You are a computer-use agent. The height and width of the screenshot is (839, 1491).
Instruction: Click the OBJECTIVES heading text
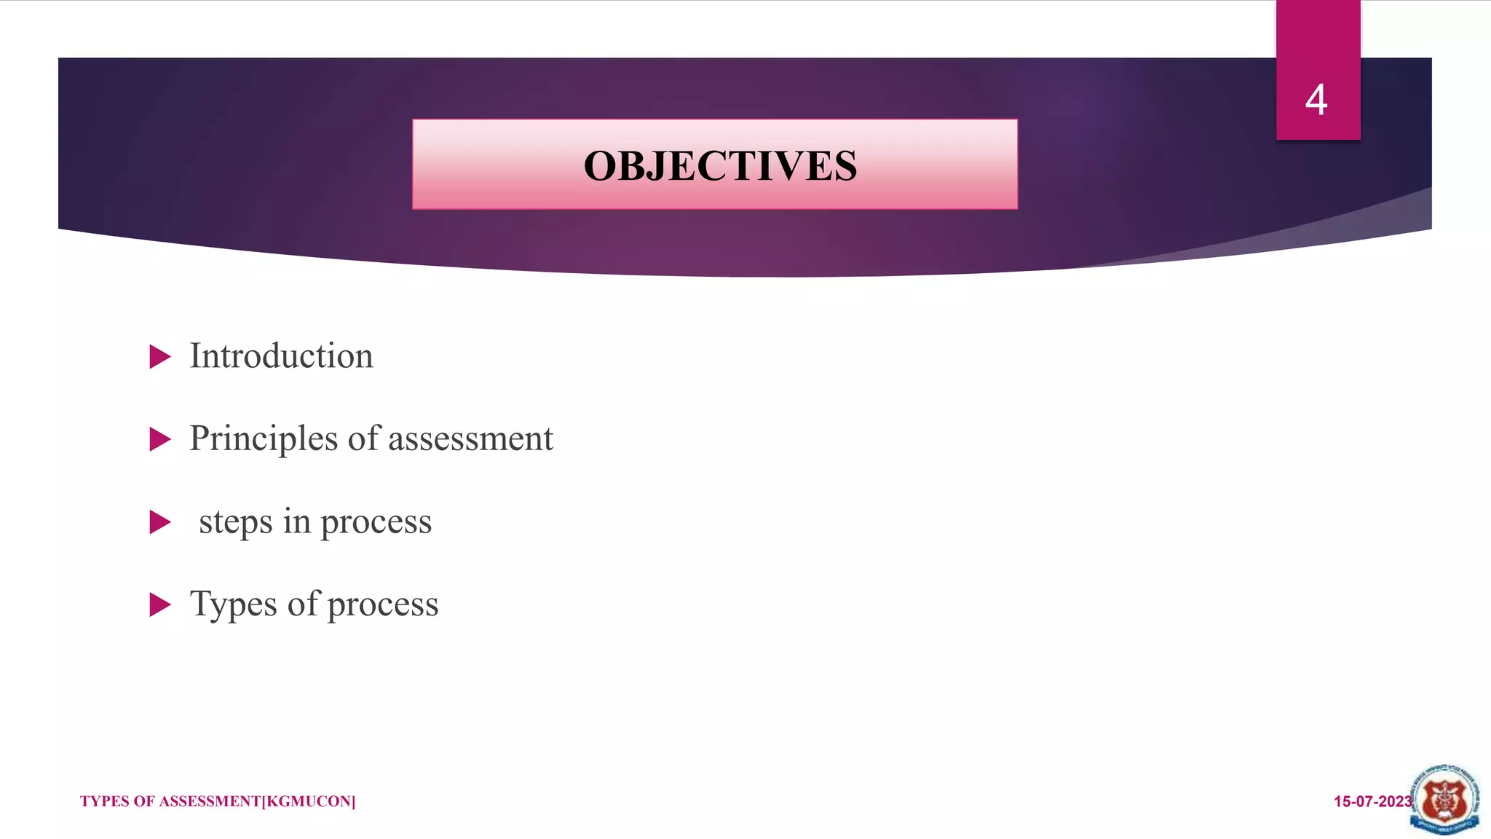click(x=720, y=166)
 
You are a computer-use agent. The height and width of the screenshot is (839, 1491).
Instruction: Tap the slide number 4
click(x=1316, y=100)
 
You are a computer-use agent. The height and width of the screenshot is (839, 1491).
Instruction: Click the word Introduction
click(x=281, y=356)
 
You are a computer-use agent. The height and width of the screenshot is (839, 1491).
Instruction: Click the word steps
click(x=236, y=522)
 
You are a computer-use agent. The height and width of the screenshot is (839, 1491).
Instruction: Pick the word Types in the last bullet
click(x=234, y=604)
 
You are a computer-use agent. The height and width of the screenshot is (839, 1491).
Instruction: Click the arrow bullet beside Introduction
click(x=159, y=357)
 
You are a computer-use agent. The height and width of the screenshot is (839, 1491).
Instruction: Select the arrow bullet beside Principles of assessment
click(x=159, y=439)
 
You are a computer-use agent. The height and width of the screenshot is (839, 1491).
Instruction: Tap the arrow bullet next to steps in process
click(x=159, y=522)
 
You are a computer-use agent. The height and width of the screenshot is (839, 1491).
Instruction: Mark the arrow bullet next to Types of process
click(x=159, y=604)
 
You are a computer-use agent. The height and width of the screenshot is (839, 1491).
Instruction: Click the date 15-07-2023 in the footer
click(x=1372, y=802)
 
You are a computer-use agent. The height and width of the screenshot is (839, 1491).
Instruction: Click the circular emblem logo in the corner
click(x=1445, y=800)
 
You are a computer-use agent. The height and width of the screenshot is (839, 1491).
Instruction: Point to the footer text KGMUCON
click(x=309, y=802)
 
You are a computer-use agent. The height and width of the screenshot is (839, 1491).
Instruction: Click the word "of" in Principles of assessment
click(x=363, y=438)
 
